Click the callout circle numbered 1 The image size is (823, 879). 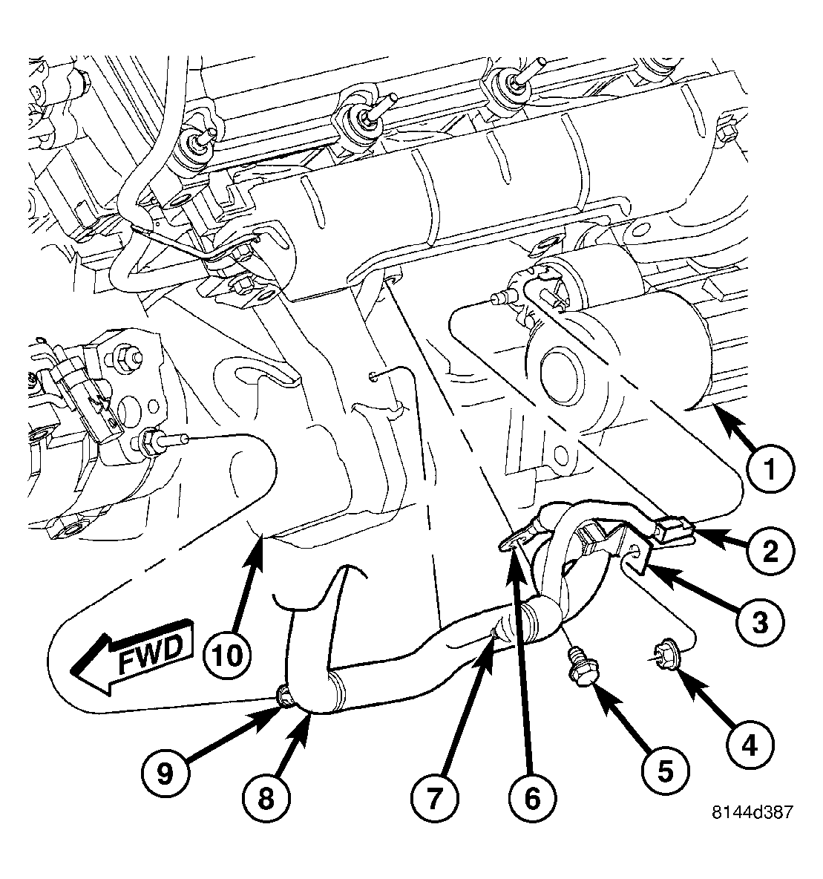point(770,469)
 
